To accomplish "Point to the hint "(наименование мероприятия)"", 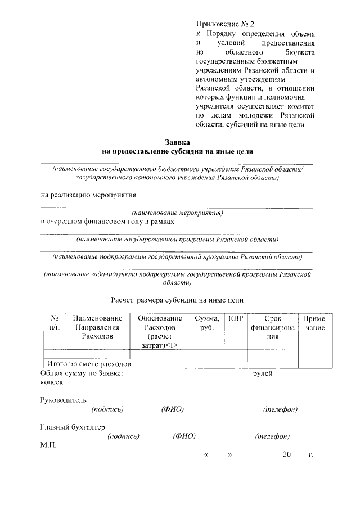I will click(177, 213).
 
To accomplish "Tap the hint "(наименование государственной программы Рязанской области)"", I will click(178, 239).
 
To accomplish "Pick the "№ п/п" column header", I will click(55, 323).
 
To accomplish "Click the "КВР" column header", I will click(236, 318).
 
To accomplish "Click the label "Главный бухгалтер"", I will click(73, 427).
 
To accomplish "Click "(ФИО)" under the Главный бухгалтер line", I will click(184, 436).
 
